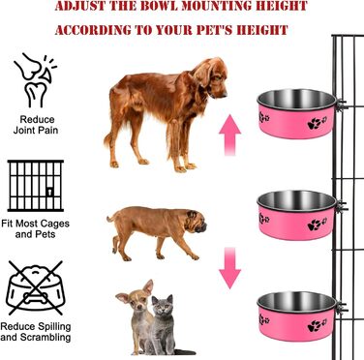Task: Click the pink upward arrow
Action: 229,135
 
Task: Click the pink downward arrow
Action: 229,268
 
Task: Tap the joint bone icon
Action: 35,80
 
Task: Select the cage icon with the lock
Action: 36,186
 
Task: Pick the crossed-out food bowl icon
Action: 36,288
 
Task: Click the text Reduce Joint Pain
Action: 36,125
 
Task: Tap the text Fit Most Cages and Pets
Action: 35,228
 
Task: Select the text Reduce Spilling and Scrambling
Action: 36,332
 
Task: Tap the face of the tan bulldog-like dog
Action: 197,222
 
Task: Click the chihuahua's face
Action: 138,301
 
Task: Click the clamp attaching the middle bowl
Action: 342,207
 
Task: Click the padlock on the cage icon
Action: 49,192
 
